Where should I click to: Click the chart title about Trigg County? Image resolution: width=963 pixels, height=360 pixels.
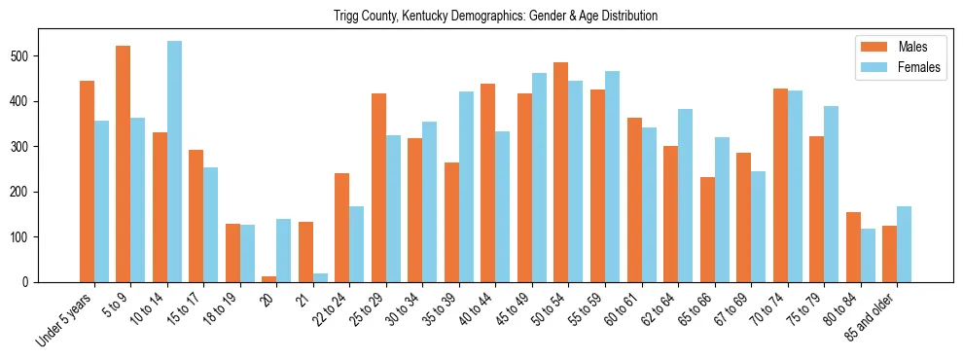495,17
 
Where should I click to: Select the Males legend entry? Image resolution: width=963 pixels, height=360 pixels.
898,47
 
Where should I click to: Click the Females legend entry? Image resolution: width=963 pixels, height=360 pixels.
898,68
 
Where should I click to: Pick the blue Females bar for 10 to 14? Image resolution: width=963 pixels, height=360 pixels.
174,162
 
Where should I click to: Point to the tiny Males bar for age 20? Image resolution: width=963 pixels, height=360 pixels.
269,278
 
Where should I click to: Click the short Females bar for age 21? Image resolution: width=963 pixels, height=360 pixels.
320,277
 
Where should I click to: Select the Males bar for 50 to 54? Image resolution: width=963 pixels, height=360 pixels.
561,184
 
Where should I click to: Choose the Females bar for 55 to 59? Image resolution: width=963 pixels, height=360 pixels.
612,176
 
